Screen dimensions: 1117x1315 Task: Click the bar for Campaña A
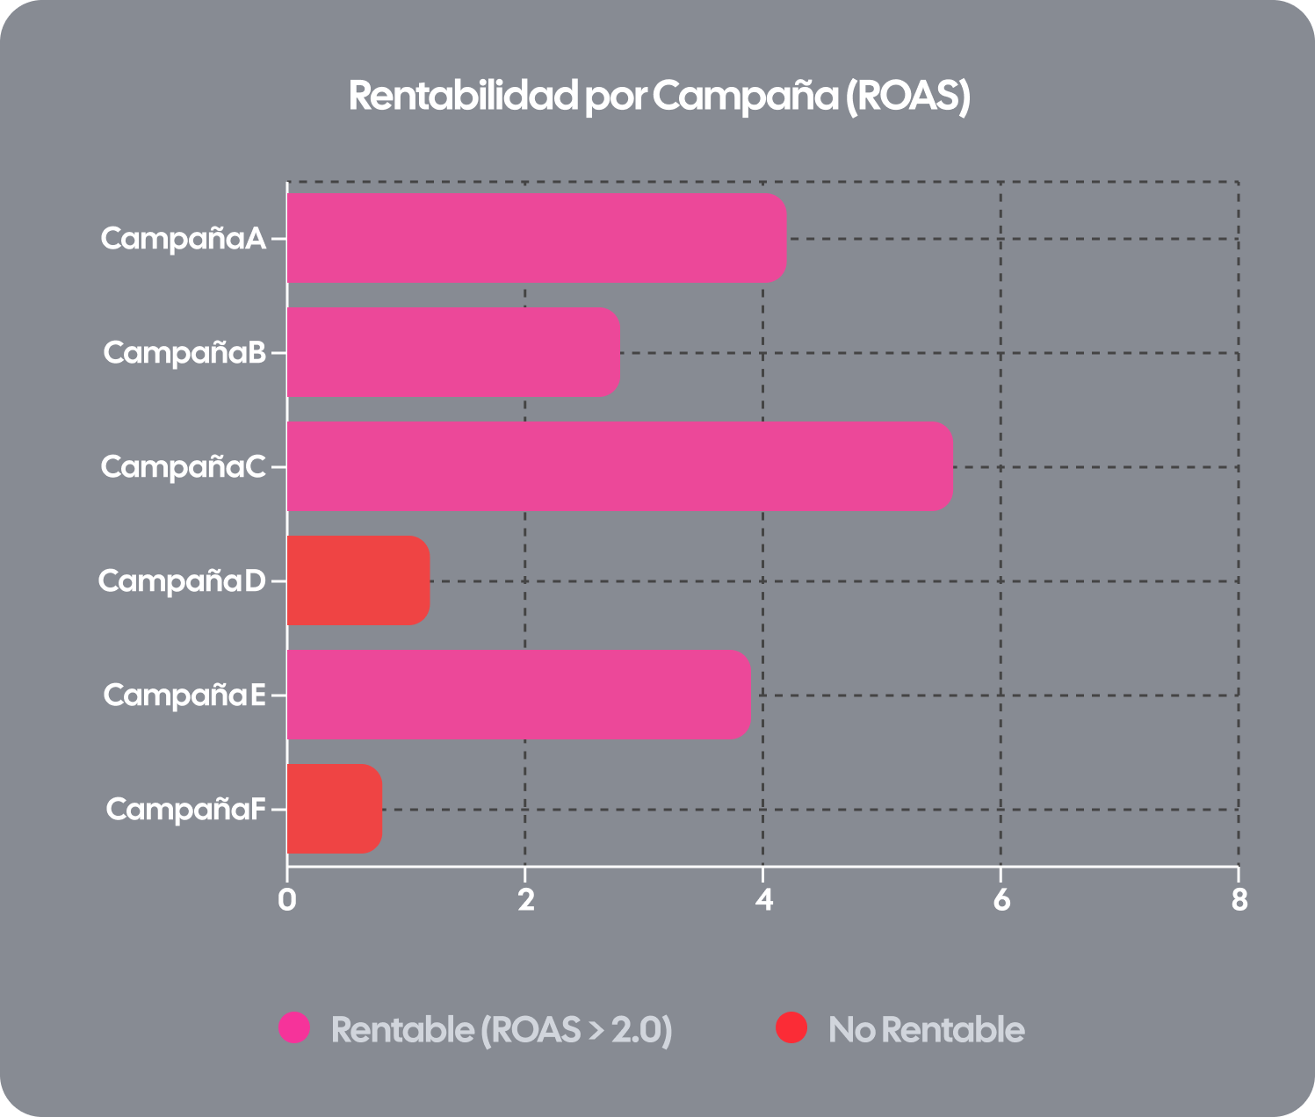pyautogui.click(x=536, y=238)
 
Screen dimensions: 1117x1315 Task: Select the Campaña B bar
pyautogui.click(x=453, y=352)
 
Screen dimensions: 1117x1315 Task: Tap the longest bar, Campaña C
pyautogui.click(x=619, y=466)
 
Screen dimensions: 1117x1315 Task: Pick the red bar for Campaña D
pyautogui.click(x=358, y=580)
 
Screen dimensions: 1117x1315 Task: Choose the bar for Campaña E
pyautogui.click(x=518, y=695)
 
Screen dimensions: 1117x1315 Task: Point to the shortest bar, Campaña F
pyautogui.click(x=335, y=809)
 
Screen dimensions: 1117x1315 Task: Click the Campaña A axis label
pyautogui.click(x=183, y=239)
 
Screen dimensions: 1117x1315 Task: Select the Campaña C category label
pyautogui.click(x=183, y=467)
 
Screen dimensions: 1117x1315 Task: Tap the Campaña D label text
pyautogui.click(x=181, y=581)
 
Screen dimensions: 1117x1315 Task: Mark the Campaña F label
pyautogui.click(x=185, y=810)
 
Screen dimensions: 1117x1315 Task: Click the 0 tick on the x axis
pyautogui.click(x=286, y=900)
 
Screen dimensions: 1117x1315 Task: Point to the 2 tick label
pyautogui.click(x=525, y=900)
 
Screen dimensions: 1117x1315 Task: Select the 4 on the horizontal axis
pyautogui.click(x=763, y=900)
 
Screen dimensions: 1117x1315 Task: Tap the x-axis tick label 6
pyautogui.click(x=1001, y=900)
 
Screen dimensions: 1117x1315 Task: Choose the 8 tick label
pyautogui.click(x=1239, y=900)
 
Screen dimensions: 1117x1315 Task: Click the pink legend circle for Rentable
pyautogui.click(x=294, y=1027)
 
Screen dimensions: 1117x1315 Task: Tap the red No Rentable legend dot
pyautogui.click(x=791, y=1027)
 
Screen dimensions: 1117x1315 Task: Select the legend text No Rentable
pyautogui.click(x=926, y=1029)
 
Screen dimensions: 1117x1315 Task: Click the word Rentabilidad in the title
pyautogui.click(x=463, y=96)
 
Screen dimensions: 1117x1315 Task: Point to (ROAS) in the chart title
pyautogui.click(x=907, y=96)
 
